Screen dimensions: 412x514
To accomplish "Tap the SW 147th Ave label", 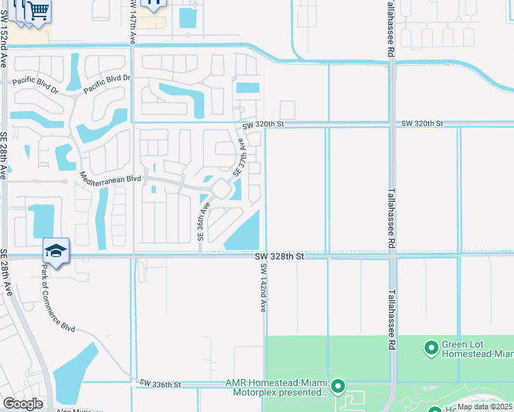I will click(x=132, y=21).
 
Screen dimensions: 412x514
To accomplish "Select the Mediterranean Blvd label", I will click(x=110, y=178).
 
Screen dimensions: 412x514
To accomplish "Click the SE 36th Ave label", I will click(x=202, y=220).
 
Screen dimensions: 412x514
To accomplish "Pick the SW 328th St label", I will click(x=279, y=256).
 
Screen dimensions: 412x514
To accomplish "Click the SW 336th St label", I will click(x=160, y=383).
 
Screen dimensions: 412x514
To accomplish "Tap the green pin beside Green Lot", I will click(x=432, y=349).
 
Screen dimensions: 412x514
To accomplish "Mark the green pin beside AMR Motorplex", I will click(x=337, y=387).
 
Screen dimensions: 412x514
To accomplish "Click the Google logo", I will click(x=23, y=404).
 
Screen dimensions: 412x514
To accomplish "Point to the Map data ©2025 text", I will click(x=484, y=407).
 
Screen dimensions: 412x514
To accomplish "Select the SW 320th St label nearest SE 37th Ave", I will click(x=263, y=124).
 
